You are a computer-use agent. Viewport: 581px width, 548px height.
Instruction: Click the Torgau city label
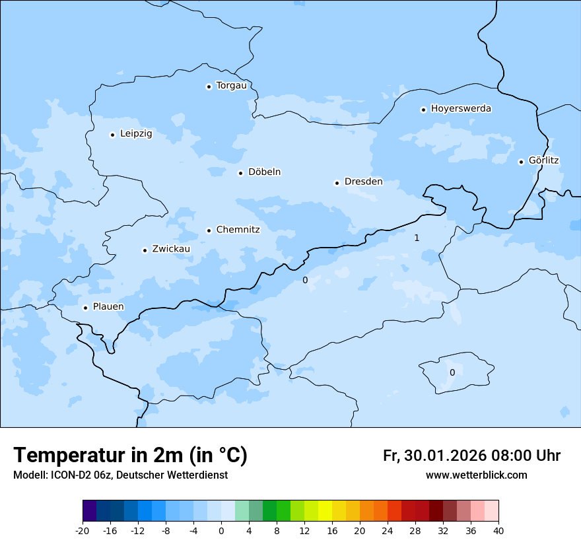231,86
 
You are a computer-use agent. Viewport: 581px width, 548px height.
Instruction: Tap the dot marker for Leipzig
112,135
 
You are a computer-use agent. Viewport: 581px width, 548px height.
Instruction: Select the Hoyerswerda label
461,109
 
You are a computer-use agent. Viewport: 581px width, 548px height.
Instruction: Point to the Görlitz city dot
521,162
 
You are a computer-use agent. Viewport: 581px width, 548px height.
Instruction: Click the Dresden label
363,182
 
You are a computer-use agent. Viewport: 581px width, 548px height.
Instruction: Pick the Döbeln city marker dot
240,173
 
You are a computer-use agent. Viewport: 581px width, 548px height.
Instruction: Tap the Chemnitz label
238,230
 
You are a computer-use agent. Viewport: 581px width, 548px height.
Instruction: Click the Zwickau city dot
145,250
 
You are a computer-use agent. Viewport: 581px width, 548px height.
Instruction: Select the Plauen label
108,307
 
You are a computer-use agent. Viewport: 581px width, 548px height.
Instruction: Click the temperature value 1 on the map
417,238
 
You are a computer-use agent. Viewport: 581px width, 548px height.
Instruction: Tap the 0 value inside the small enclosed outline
452,372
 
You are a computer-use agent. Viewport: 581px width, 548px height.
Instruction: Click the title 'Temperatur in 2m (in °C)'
130,456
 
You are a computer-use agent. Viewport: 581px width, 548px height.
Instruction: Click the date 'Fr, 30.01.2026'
434,456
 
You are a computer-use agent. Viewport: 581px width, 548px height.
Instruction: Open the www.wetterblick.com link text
476,475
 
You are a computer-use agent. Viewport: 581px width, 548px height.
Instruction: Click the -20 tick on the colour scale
83,531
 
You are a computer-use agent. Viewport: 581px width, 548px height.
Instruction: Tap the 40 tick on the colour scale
498,531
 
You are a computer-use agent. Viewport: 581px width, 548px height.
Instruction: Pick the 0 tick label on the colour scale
221,531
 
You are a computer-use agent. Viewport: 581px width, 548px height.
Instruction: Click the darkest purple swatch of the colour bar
89,511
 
